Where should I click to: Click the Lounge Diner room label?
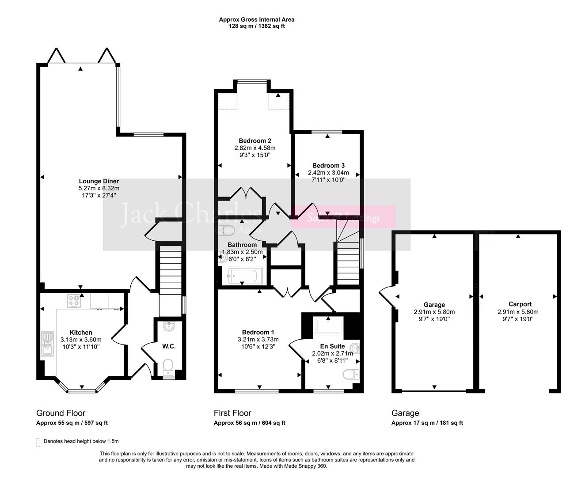(x=99, y=181)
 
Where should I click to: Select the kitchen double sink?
(x=47, y=344)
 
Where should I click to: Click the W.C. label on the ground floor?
(x=169, y=346)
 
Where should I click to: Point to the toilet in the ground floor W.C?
(x=168, y=366)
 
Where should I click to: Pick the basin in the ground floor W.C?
(x=168, y=327)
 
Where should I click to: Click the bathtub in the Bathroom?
(x=244, y=276)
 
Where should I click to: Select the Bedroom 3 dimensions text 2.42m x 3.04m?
(x=328, y=173)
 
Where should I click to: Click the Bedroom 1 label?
(x=258, y=332)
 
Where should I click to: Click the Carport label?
(x=520, y=304)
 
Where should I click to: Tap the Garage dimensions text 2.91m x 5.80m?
(x=434, y=311)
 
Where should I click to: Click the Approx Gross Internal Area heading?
(x=256, y=19)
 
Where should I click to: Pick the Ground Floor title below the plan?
(x=61, y=413)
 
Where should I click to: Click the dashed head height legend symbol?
(x=38, y=442)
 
